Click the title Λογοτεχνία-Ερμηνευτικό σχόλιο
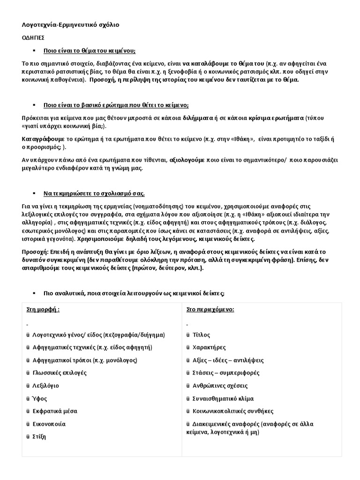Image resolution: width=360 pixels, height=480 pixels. point(70,25)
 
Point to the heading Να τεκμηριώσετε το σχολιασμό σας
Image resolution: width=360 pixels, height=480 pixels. point(94,194)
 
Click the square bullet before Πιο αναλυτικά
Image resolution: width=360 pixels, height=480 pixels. point(34,293)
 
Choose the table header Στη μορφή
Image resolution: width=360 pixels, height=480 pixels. point(43,310)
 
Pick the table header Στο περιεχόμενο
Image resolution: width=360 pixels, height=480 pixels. point(203,310)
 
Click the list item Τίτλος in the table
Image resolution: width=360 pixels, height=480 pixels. point(201,335)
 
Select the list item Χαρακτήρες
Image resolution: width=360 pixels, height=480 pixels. point(209,348)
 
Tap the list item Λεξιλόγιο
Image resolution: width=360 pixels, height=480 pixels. point(46,386)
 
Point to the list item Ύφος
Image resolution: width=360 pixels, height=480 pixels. point(40,398)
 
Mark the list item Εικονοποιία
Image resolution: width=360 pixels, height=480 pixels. point(49,424)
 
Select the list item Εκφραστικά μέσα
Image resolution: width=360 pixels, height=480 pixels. point(55,411)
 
